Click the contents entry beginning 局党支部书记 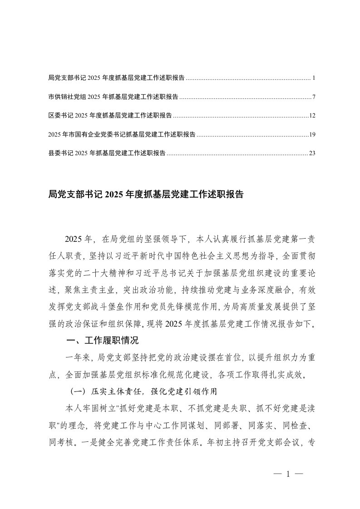(116, 78)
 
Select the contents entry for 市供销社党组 (113, 97)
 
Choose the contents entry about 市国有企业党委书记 (122, 134)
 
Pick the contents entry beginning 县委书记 (107, 153)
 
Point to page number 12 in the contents (312, 115)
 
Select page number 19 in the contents (312, 134)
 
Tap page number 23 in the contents (312, 153)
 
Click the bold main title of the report (146, 195)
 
